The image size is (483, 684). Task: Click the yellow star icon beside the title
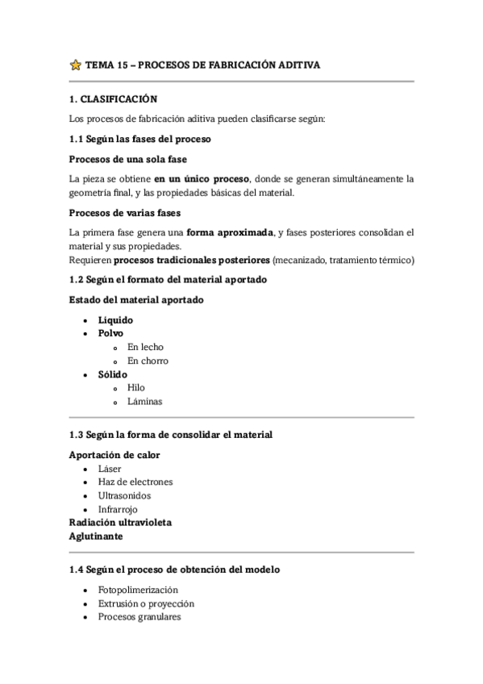[x=76, y=65]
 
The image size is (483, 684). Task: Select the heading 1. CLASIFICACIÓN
[x=112, y=99]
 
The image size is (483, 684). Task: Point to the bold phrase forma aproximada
[x=231, y=232]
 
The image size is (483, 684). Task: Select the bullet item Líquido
[x=115, y=320]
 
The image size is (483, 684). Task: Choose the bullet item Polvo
[x=111, y=333]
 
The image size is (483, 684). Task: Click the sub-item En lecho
[x=145, y=347]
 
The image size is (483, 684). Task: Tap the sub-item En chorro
[x=148, y=361]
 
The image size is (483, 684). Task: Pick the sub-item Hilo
[x=136, y=388]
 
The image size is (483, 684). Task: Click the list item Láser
[x=110, y=469]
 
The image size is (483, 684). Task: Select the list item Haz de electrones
[x=135, y=482]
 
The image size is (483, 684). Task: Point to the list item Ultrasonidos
[x=124, y=495]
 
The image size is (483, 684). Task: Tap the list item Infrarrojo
[x=118, y=509]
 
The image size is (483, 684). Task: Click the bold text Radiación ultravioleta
[x=120, y=522]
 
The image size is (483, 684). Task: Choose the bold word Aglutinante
[x=97, y=535]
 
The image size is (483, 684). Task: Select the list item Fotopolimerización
[x=138, y=590]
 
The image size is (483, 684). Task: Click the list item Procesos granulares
[x=139, y=617]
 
